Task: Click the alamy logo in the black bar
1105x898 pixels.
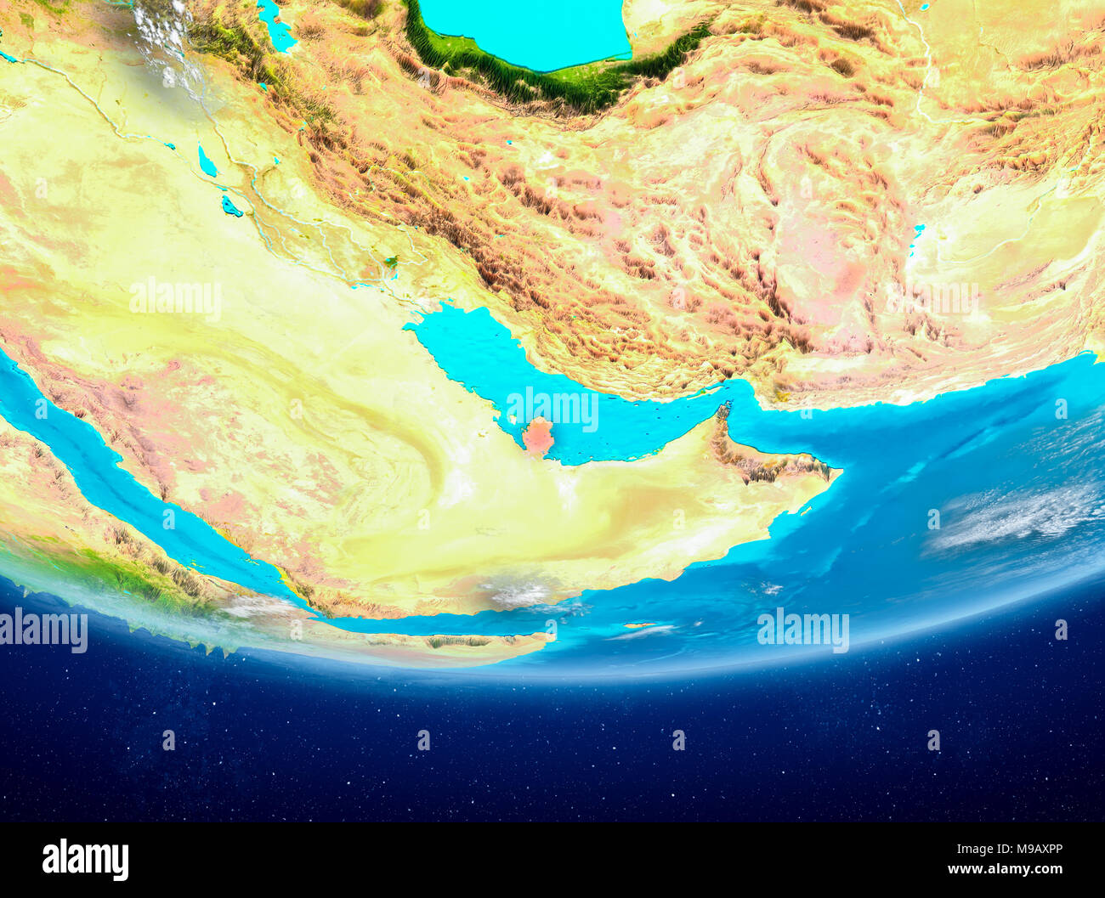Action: point(85,860)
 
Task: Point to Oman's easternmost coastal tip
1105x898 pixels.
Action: point(837,471)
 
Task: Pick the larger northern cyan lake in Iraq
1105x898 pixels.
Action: point(207,161)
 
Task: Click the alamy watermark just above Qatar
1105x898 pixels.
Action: point(552,409)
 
